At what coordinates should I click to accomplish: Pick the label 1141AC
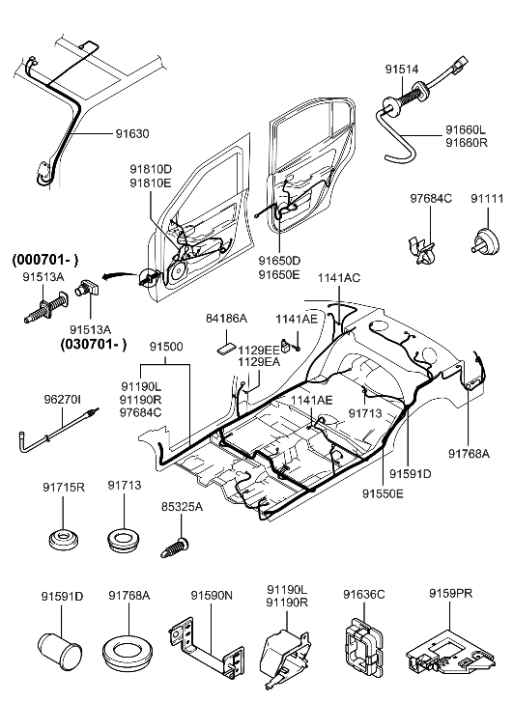[338, 277]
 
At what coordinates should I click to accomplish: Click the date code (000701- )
[45, 260]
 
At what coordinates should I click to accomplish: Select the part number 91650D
[278, 261]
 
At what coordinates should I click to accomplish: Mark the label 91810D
[151, 168]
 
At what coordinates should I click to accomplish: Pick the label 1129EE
[260, 350]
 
